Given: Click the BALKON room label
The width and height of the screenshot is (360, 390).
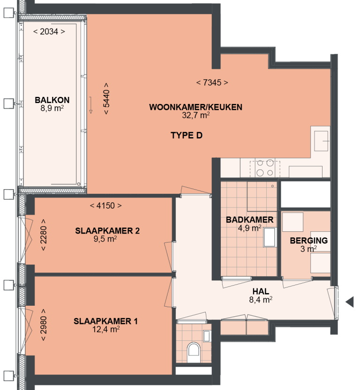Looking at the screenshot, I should tap(52, 100).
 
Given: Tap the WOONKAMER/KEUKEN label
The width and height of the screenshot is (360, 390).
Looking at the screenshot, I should tap(195, 107).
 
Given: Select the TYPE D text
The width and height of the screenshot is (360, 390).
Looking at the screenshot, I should tap(186, 136).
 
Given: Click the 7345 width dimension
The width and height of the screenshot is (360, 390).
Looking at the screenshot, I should tap(212, 83).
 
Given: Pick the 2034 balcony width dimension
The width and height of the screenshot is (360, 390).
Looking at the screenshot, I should tap(49, 32).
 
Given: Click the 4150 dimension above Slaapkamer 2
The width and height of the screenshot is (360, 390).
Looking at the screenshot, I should tap(105, 206).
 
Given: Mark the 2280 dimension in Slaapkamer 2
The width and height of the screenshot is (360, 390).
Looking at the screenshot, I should tap(44, 235).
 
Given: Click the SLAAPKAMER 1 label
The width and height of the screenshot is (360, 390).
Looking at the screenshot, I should tap(105, 321).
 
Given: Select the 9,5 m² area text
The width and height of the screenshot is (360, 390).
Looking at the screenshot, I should tap(105, 238).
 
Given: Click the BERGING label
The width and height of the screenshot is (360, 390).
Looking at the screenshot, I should tap(308, 241).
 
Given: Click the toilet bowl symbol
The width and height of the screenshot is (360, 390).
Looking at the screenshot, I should tap(193, 351).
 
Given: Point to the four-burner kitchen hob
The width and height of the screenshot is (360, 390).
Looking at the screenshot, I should tap(265, 168).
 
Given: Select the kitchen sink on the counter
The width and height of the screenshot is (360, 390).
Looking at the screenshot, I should tap(322, 140).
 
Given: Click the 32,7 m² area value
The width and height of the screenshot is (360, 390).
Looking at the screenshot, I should tap(195, 115).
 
